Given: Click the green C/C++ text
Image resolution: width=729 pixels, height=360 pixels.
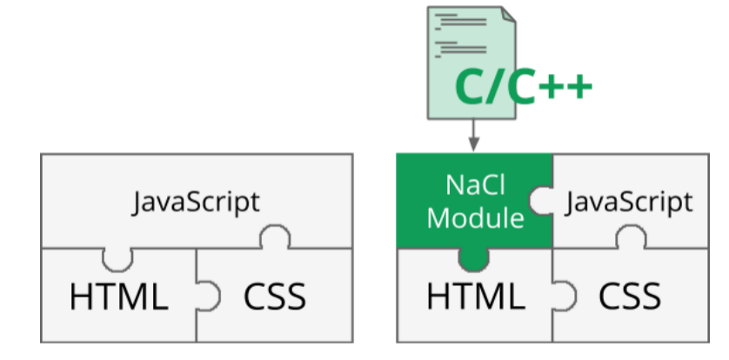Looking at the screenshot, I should [523, 89].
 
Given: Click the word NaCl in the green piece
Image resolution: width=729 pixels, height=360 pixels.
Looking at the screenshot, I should [474, 186].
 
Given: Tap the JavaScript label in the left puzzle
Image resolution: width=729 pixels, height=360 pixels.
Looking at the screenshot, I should [197, 202].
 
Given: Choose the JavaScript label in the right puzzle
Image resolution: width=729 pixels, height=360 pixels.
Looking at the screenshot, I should [630, 203].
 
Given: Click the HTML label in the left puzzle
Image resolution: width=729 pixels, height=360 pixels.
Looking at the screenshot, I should [118, 297].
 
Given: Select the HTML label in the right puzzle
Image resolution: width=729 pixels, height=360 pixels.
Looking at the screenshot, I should [475, 297].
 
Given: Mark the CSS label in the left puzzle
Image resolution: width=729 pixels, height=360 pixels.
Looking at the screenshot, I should [275, 297].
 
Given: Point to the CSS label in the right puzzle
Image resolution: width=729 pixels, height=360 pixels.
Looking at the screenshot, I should [630, 297].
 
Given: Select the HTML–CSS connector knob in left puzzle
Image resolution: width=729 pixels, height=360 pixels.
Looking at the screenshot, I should [207, 297].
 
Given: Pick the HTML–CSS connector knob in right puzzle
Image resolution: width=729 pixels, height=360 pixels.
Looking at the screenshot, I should [564, 297].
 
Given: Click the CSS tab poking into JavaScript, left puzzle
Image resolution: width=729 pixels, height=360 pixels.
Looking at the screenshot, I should [275, 238].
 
